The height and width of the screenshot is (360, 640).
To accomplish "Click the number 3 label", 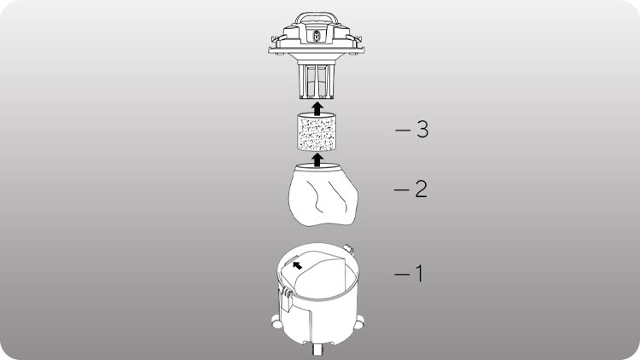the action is click(422, 130).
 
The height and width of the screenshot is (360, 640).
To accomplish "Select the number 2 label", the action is click(422, 189).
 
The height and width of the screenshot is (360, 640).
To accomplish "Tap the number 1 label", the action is click(419, 274).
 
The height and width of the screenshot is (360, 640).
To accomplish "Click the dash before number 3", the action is click(403, 131).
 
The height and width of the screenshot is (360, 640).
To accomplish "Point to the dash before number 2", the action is click(402, 189).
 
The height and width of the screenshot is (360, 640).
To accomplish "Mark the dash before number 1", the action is click(402, 275).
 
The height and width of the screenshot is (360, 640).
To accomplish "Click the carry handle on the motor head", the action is click(317, 16).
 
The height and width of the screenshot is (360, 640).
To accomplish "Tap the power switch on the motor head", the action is click(317, 36).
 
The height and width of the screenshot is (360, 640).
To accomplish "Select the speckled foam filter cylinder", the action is click(317, 132).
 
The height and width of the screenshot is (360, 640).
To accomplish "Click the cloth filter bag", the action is click(323, 195).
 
